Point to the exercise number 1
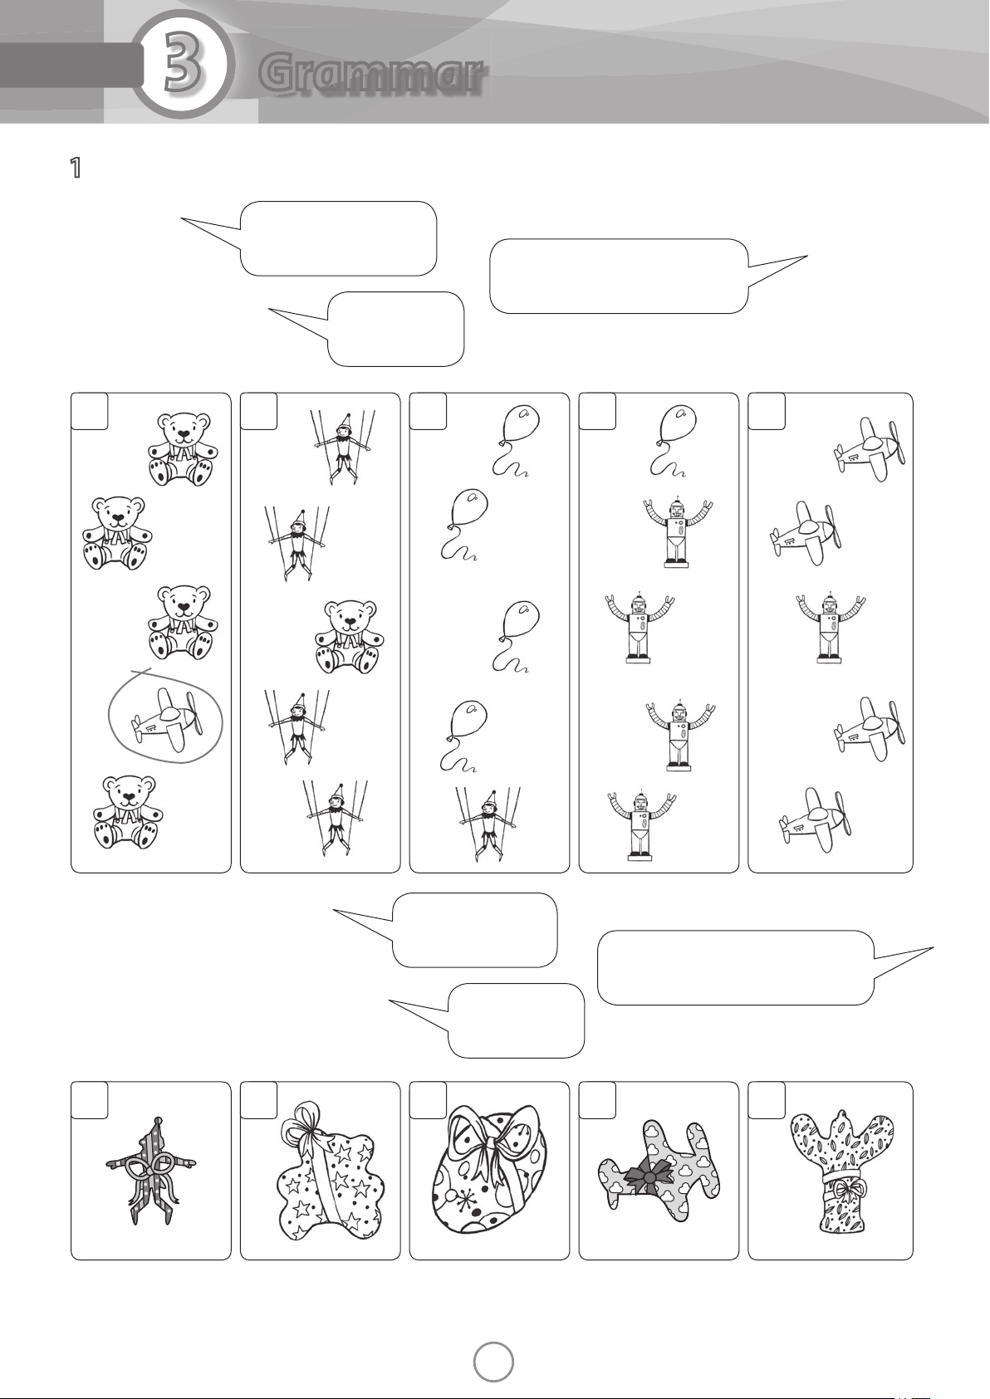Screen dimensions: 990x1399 click(x=76, y=168)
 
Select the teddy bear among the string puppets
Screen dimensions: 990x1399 click(x=350, y=637)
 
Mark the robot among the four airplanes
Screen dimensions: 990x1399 click(x=830, y=626)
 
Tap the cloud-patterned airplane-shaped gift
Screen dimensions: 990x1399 click(x=659, y=1173)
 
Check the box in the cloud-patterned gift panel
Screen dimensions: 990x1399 click(x=597, y=1100)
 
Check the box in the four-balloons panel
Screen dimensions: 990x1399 click(x=428, y=412)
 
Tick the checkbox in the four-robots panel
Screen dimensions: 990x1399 click(x=597, y=412)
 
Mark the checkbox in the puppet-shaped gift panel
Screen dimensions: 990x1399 click(x=90, y=1100)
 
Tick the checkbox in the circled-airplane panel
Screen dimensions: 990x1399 click(x=90, y=412)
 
